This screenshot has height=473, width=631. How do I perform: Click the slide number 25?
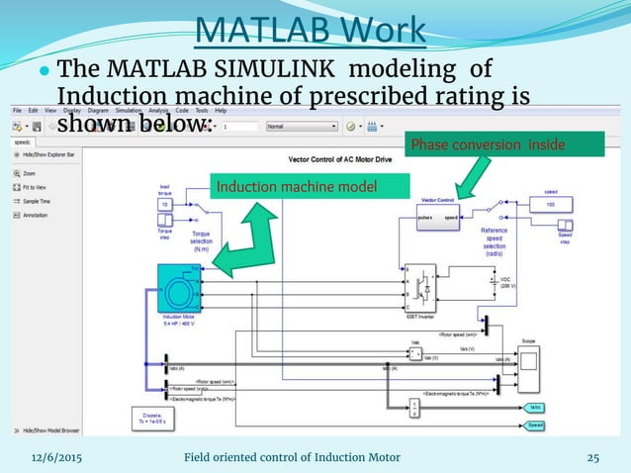tap(593, 456)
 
